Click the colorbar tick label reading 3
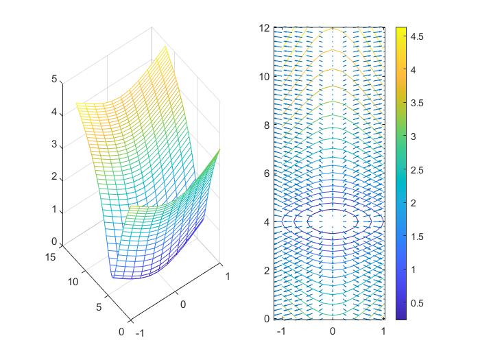(416, 136)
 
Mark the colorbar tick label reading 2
(416, 203)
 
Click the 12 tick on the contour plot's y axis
(264, 28)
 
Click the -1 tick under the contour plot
(280, 331)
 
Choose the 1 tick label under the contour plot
(383, 331)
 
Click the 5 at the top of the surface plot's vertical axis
(54, 80)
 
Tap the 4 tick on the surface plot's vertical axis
(54, 112)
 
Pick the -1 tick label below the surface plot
(141, 333)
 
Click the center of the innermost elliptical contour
(333, 221)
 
